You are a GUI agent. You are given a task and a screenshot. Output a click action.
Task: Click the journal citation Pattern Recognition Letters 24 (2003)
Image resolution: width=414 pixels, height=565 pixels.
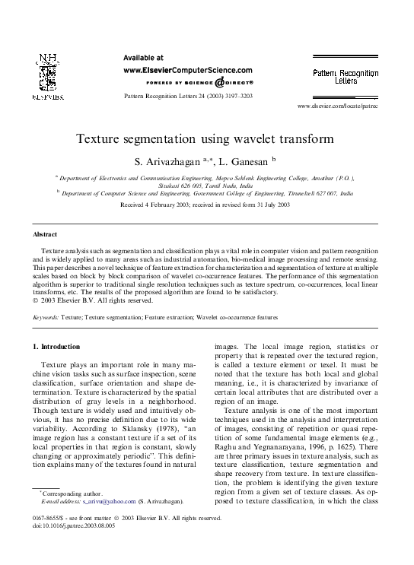tap(187, 98)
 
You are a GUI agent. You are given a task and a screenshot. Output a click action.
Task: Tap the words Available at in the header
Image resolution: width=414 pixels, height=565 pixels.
tap(143, 57)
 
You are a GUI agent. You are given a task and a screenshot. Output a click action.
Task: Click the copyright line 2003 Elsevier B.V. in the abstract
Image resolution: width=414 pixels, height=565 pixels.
tap(92, 300)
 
